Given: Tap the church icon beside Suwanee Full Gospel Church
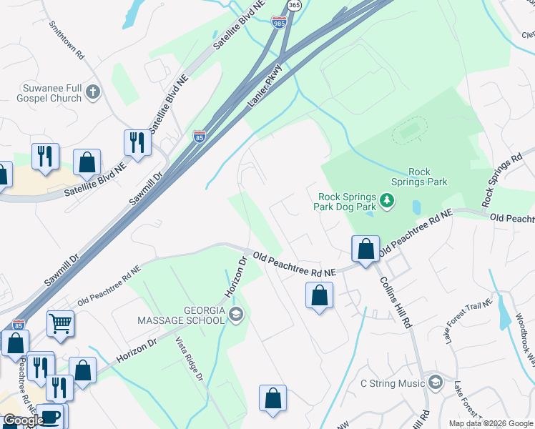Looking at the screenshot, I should pos(94,92).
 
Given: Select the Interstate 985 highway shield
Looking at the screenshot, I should pos(280,23).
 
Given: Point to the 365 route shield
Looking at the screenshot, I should pos(294,5).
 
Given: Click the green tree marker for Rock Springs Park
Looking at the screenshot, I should pos(387,200).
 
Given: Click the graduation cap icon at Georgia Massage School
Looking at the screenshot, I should pos(237,314).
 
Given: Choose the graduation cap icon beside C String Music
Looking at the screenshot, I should pos(434,384).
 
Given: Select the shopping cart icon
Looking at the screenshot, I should pos(61,323).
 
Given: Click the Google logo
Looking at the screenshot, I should pos(24,420).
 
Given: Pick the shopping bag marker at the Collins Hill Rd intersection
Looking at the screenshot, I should pos(365,250).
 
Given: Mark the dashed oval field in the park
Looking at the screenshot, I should pos(410,131).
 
